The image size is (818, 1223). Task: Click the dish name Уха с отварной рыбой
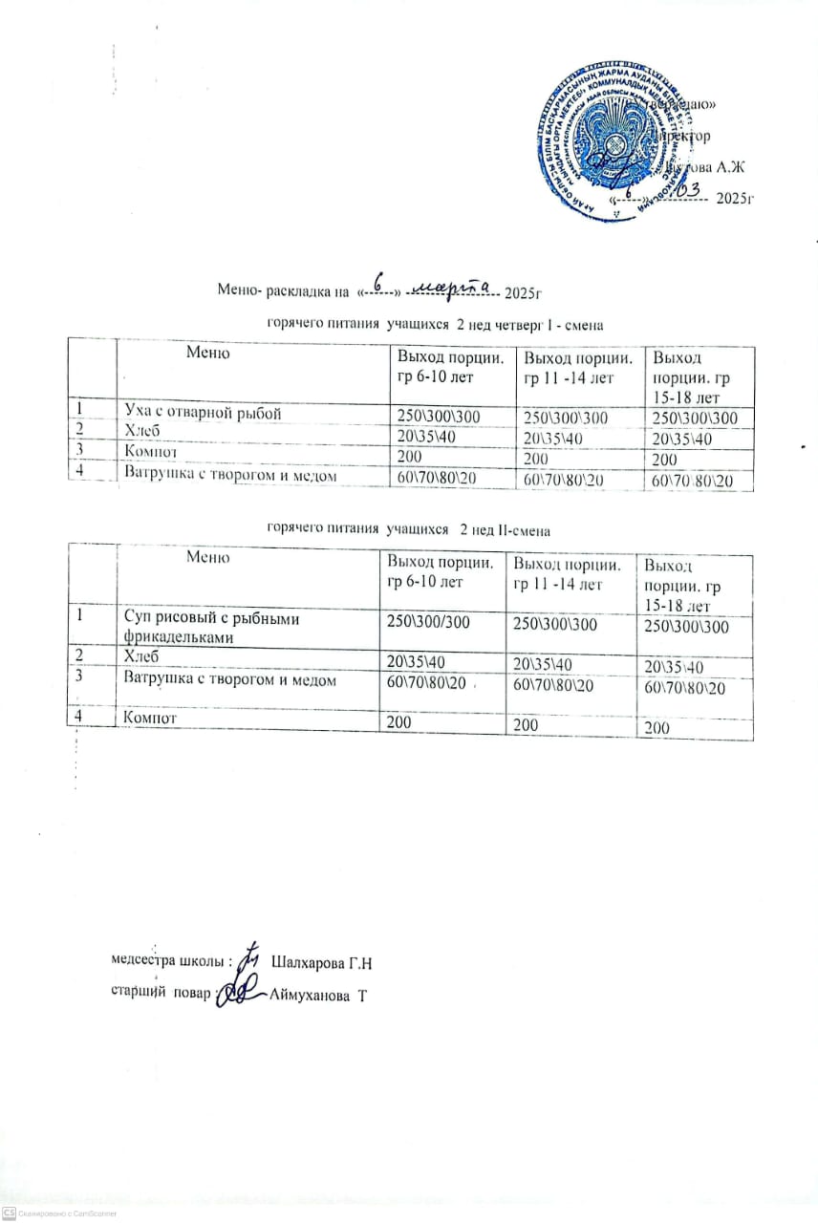pos(203,413)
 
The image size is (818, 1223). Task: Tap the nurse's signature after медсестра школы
pos(249,958)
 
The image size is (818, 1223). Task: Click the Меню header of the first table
pos(207,354)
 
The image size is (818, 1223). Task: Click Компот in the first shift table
pos(153,452)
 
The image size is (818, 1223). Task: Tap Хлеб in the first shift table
pos(143,433)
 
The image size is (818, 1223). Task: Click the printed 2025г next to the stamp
pos(736,199)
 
